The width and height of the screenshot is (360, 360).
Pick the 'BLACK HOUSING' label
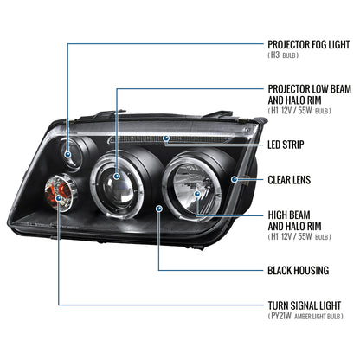click(298, 271)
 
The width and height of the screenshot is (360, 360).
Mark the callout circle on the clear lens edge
click(235, 178)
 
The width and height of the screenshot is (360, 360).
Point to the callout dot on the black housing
click(157, 209)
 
